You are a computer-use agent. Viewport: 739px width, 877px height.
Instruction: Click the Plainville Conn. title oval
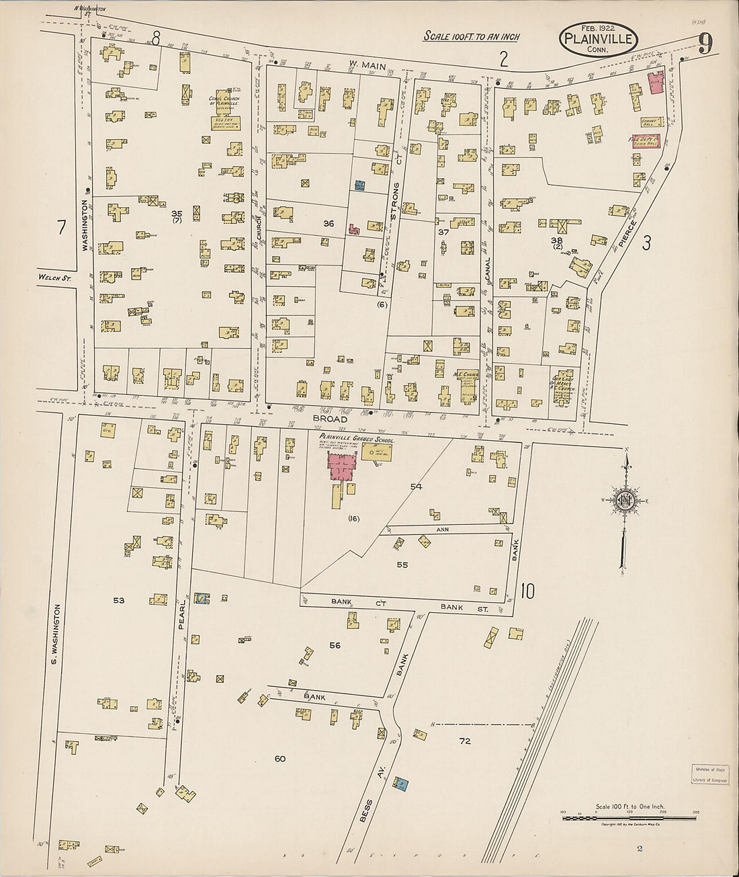pyautogui.click(x=599, y=39)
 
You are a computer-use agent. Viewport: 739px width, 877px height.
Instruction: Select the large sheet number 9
pyautogui.click(x=705, y=45)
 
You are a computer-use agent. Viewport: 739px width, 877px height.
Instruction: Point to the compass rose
pyautogui.click(x=625, y=501)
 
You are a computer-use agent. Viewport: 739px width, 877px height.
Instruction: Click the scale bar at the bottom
pyautogui.click(x=629, y=818)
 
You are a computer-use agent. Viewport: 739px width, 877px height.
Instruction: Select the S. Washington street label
pyautogui.click(x=57, y=634)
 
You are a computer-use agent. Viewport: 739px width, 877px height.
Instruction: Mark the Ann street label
pyautogui.click(x=442, y=530)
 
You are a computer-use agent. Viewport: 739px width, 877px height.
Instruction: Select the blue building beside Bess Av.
pyautogui.click(x=400, y=784)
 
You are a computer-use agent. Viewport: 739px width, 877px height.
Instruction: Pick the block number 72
pyautogui.click(x=465, y=741)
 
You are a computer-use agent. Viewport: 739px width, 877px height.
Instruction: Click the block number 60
pyautogui.click(x=280, y=759)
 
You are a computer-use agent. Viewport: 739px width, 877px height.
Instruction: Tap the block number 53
pyautogui.click(x=119, y=600)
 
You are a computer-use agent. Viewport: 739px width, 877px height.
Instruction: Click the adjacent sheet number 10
pyautogui.click(x=527, y=591)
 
